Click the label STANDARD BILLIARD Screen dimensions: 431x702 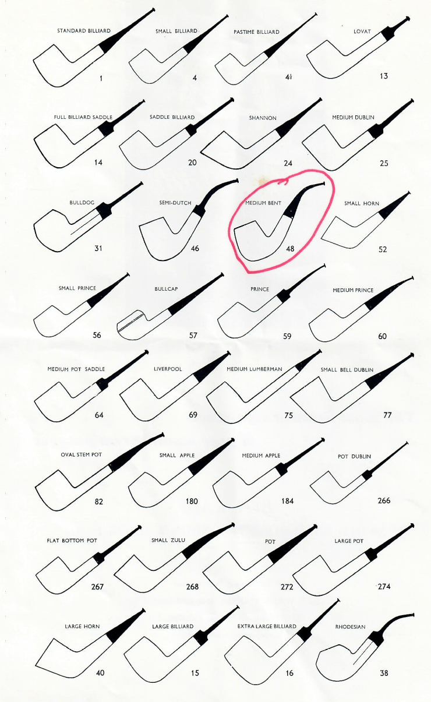[x=84, y=31]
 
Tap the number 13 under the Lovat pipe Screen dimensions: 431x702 [x=384, y=76]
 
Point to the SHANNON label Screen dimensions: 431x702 [x=263, y=118]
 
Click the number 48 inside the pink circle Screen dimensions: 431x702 [x=290, y=249]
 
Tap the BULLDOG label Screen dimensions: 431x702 [x=82, y=203]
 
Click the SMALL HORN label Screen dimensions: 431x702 [x=362, y=203]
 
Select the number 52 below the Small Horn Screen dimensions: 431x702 [x=383, y=249]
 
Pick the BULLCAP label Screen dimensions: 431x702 [x=166, y=288]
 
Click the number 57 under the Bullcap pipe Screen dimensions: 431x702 [x=193, y=336]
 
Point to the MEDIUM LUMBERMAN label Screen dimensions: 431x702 [x=255, y=369]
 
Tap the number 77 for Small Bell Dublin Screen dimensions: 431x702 [x=387, y=415]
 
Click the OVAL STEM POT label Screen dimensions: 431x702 [x=81, y=454]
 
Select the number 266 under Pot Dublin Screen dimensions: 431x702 [x=384, y=500]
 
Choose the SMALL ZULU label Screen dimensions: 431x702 [x=168, y=540]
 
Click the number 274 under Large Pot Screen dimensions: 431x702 [x=384, y=586]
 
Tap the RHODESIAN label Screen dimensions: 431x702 [x=350, y=627]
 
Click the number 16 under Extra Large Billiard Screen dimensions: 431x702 [x=289, y=673]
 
